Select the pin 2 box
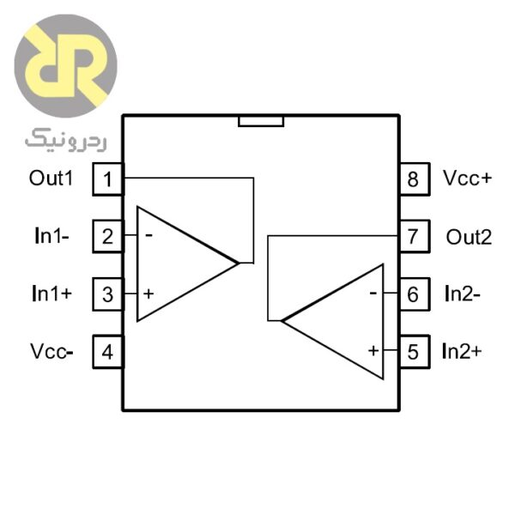[x=107, y=236]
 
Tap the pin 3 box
[x=107, y=294]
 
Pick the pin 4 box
[x=107, y=351]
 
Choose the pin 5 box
[x=413, y=351]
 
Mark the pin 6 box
[x=413, y=294]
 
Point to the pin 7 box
[x=413, y=236]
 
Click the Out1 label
[x=52, y=179]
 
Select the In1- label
[x=52, y=237]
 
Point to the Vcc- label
[x=52, y=351]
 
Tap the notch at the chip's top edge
[x=261, y=121]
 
